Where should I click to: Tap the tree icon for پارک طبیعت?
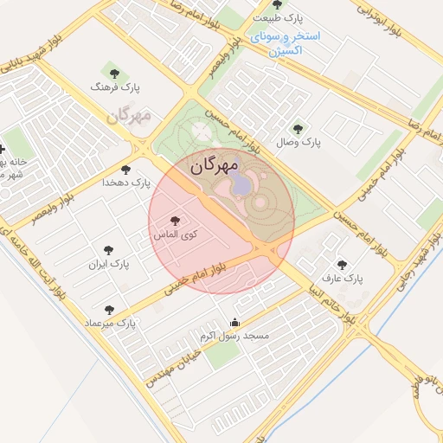pos(276,4)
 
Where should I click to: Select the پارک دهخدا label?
pos(126,183)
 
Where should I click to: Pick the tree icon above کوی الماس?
pos(177,221)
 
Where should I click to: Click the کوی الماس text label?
pos(177,234)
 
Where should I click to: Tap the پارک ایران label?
pos(108,264)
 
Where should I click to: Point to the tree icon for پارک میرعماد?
pos(108,309)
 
